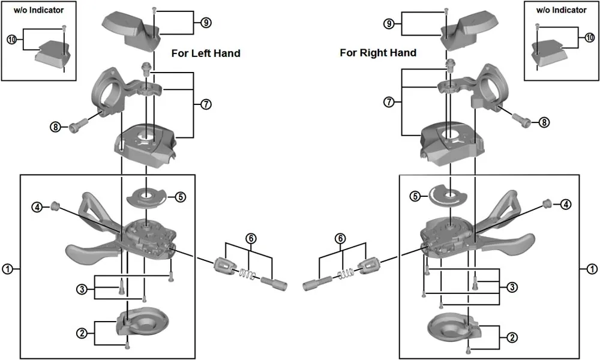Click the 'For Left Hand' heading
(206, 53)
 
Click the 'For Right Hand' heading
(378, 53)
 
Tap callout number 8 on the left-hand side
(56, 127)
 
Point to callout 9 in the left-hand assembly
(206, 23)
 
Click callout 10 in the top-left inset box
(11, 40)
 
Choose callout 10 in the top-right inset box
(589, 37)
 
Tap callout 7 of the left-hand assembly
(206, 104)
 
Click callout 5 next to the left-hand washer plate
(180, 196)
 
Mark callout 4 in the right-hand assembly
(566, 205)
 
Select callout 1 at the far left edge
(7, 269)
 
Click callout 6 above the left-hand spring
(251, 238)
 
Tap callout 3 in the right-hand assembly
(512, 287)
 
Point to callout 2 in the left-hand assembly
(82, 332)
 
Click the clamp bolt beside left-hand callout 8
(77, 126)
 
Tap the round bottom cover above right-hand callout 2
(450, 326)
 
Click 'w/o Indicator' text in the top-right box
(561, 10)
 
